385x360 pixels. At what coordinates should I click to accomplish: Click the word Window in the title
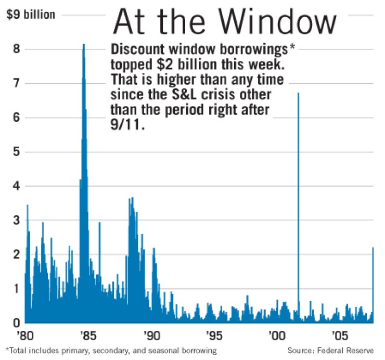(x=279, y=23)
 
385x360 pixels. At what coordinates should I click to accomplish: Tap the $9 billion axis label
(x=31, y=15)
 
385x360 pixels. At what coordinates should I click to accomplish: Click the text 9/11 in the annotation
(x=124, y=125)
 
